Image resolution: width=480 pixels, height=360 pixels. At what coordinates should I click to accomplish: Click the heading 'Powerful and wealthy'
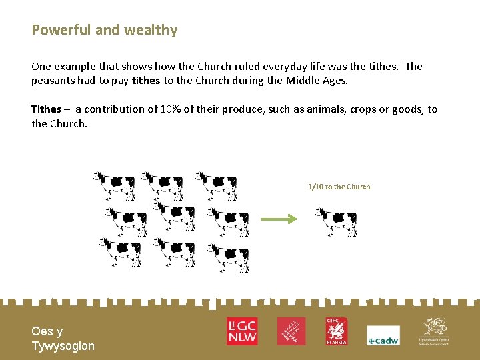point(105,30)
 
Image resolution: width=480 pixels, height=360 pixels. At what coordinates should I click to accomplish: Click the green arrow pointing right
point(278,219)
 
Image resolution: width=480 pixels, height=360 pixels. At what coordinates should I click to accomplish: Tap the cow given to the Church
point(336,222)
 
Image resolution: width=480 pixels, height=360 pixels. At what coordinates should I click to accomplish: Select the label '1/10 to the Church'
point(339,187)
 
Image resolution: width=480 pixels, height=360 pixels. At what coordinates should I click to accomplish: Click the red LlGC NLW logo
point(241,331)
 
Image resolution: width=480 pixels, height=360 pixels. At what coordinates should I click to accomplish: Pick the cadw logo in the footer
point(383,336)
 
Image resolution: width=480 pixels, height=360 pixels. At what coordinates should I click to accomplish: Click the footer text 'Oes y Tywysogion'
point(63,339)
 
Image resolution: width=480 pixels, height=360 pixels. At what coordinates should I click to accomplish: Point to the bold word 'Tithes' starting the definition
point(46,109)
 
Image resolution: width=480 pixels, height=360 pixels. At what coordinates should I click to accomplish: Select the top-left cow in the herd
point(114,185)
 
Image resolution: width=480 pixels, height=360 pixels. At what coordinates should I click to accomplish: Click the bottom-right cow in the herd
point(228,257)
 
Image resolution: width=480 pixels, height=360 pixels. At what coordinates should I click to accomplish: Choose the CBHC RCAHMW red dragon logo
point(337,331)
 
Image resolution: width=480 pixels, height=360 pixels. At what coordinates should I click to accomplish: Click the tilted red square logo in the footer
point(291,331)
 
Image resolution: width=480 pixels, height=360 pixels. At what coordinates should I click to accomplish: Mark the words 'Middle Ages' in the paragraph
point(319,80)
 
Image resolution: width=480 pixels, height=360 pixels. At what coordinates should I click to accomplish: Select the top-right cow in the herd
point(216,185)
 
